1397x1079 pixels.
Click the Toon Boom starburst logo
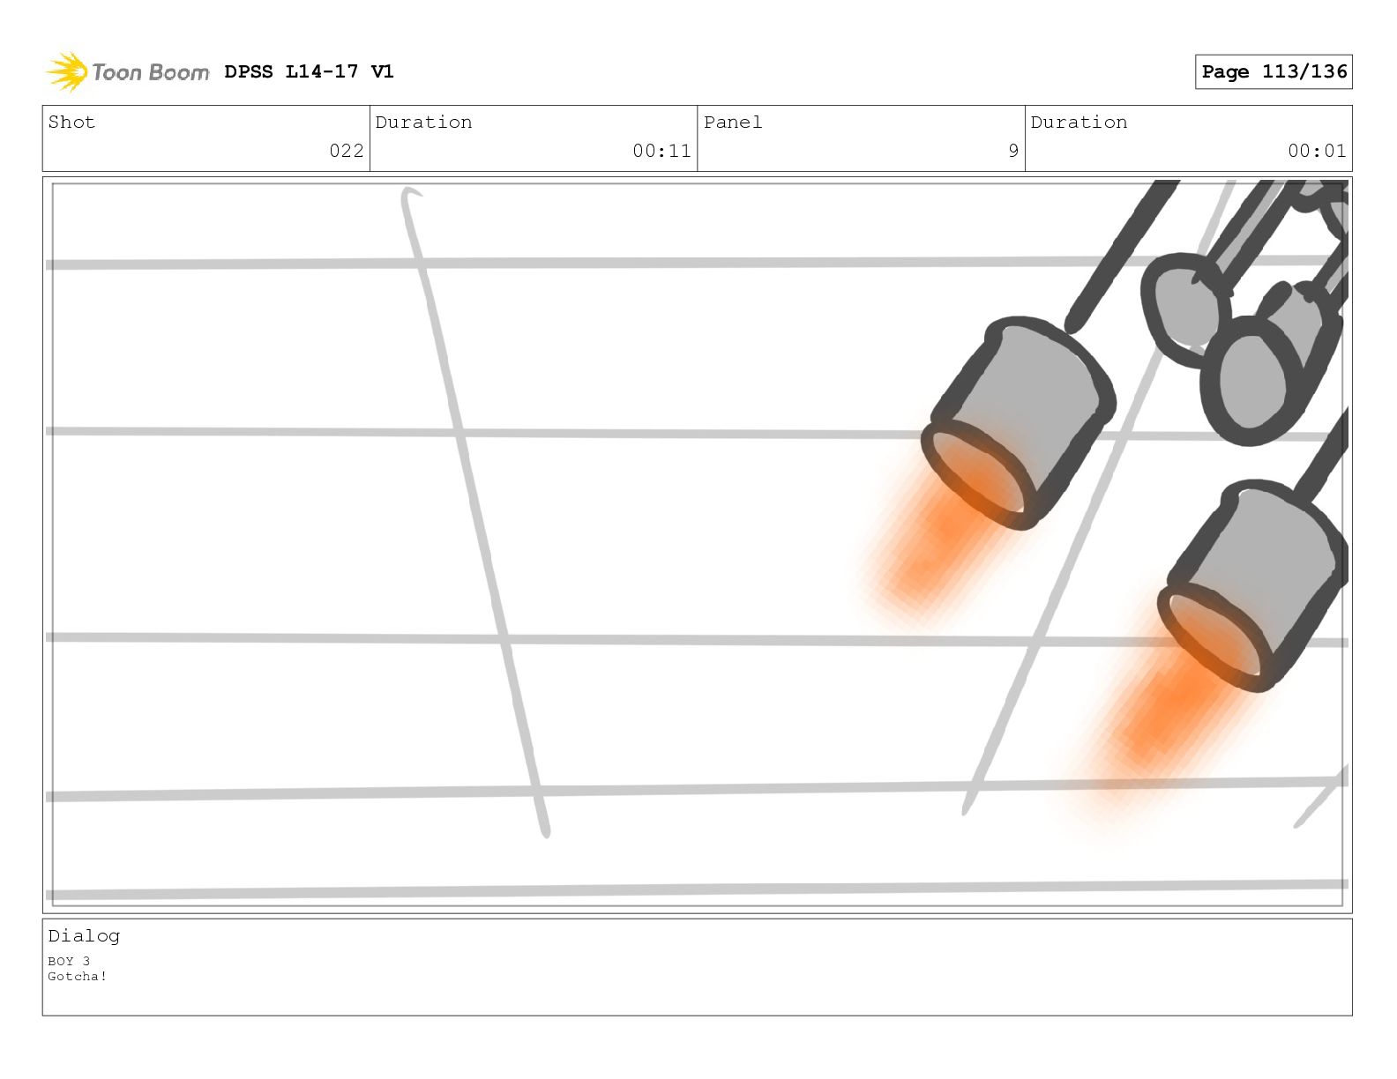pyautogui.click(x=68, y=71)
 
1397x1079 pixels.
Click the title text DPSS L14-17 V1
pyautogui.click(x=309, y=71)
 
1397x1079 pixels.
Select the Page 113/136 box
pyautogui.click(x=1274, y=71)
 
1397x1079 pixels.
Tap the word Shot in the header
pyautogui.click(x=71, y=123)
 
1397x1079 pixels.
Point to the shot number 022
pyautogui.click(x=347, y=151)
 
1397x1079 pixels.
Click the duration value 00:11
pyautogui.click(x=661, y=151)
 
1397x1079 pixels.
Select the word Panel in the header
pyautogui.click(x=733, y=123)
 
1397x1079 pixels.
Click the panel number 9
pyautogui.click(x=1013, y=151)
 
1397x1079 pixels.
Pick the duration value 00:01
pyautogui.click(x=1317, y=151)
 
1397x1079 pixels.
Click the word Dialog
pyautogui.click(x=84, y=936)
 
